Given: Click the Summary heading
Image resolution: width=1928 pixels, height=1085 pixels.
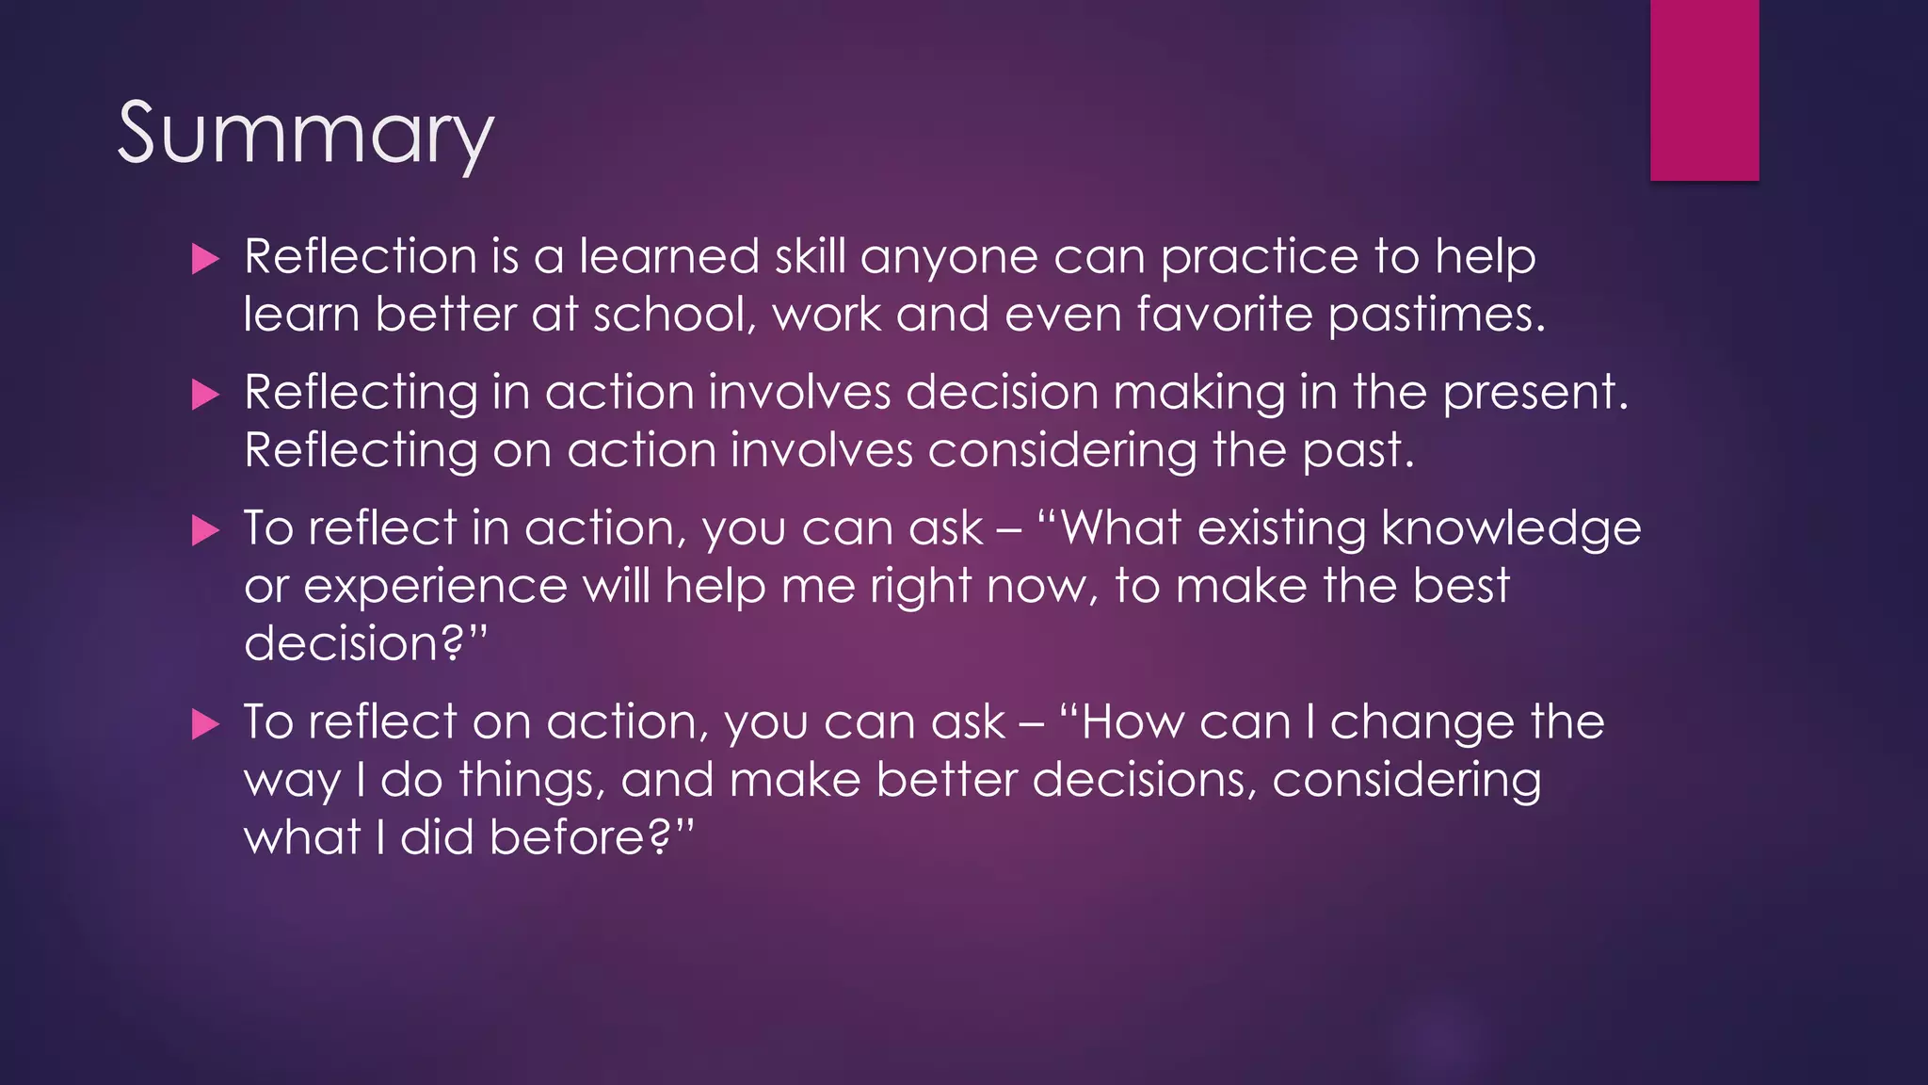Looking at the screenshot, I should (305, 134).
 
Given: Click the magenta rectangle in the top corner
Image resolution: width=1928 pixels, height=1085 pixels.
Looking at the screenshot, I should (1704, 89).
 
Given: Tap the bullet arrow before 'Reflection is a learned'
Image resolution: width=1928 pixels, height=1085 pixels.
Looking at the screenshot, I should (204, 259).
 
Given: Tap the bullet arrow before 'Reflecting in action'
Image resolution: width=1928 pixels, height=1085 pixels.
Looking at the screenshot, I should (204, 394).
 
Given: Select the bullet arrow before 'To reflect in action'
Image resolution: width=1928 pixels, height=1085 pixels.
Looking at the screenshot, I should (204, 530).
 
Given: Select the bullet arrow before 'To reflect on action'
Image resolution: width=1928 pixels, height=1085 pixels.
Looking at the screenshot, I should (204, 724).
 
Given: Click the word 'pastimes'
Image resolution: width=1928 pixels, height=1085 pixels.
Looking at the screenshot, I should (1435, 316).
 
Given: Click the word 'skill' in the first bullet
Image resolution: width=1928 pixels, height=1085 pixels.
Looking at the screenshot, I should (810, 256).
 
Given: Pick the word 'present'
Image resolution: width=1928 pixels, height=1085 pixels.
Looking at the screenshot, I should (1534, 394).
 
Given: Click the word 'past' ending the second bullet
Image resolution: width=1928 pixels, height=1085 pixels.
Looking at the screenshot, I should (1356, 452).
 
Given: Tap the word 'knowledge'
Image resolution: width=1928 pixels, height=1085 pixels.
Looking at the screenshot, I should (1511, 529).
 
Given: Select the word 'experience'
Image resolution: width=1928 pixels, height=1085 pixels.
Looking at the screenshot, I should (435, 588).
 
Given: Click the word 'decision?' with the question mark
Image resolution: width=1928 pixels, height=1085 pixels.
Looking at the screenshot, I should (363, 645).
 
